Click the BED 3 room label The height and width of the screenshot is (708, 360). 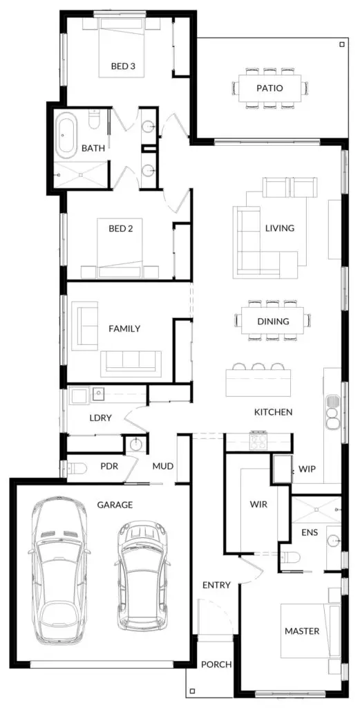pyautogui.click(x=124, y=66)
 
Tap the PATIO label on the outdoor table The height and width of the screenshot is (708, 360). pyautogui.click(x=269, y=88)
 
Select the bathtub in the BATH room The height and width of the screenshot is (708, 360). pyautogui.click(x=66, y=135)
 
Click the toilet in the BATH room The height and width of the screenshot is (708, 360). pyautogui.click(x=94, y=120)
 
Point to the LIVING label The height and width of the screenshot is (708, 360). pyautogui.click(x=280, y=228)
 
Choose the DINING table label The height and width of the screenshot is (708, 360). pyautogui.click(x=274, y=322)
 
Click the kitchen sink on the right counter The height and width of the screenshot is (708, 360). pyautogui.click(x=333, y=402)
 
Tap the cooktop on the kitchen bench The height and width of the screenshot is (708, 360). pyautogui.click(x=259, y=441)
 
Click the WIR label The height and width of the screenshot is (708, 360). pyautogui.click(x=258, y=504)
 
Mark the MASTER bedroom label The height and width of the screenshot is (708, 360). pyautogui.click(x=302, y=631)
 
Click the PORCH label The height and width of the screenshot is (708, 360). pyautogui.click(x=216, y=664)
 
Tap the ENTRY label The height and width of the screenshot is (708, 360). pyautogui.click(x=216, y=585)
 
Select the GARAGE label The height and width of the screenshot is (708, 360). pyautogui.click(x=115, y=505)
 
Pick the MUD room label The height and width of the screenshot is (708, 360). pyautogui.click(x=163, y=466)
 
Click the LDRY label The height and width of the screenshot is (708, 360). pyautogui.click(x=100, y=418)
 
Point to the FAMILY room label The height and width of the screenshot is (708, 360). pyautogui.click(x=124, y=328)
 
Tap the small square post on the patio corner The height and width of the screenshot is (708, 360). pyautogui.click(x=342, y=44)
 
